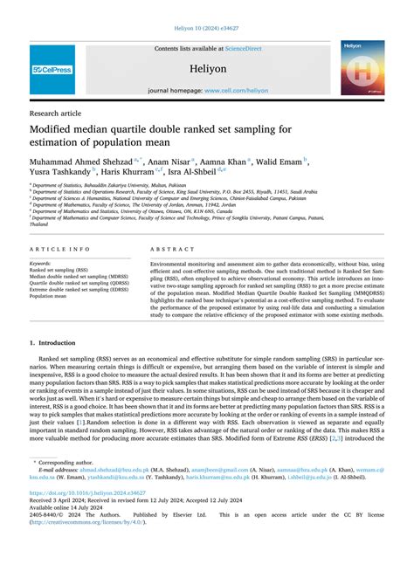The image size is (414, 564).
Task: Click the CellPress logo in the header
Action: point(52,69)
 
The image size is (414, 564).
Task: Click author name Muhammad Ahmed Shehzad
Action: point(78,161)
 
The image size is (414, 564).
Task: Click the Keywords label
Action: point(40,263)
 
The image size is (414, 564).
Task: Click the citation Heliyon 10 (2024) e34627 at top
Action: point(207,27)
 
